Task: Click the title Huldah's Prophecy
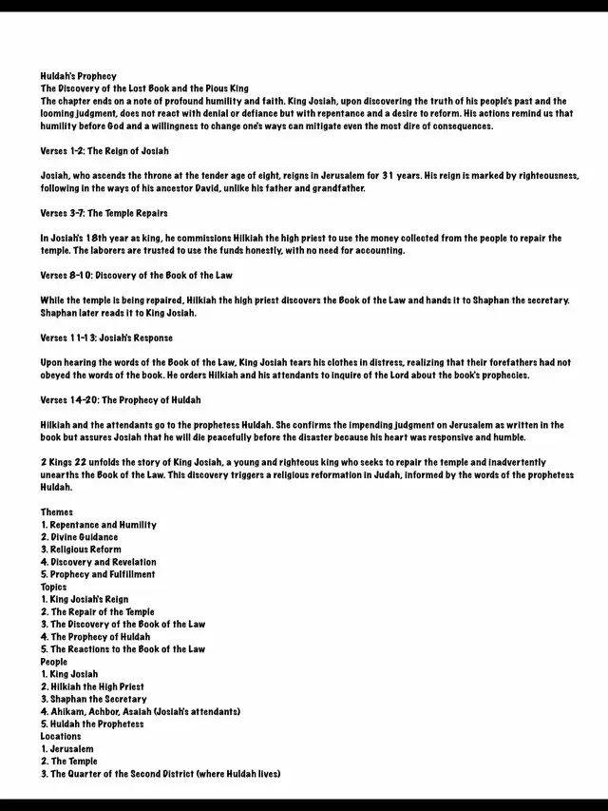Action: [78, 76]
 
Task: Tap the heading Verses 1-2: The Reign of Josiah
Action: [104, 151]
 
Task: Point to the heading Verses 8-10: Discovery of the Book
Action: [136, 275]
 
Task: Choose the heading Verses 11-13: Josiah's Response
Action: [106, 338]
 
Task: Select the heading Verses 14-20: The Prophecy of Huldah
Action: [121, 399]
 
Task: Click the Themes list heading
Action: [56, 512]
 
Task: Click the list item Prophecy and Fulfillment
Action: [98, 574]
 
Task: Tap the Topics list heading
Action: [53, 587]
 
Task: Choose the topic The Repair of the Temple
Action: [97, 611]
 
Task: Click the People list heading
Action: [54, 661]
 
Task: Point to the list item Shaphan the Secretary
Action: [92, 699]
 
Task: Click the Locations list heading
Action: [61, 736]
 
